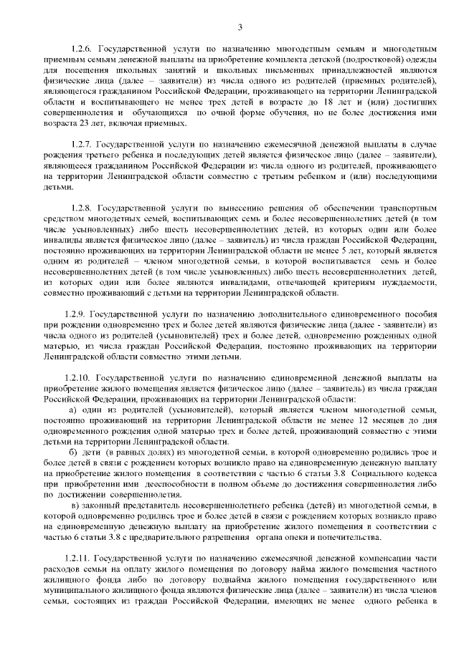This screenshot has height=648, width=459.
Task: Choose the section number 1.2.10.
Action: (78, 377)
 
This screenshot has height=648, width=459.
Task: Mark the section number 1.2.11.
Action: (78, 557)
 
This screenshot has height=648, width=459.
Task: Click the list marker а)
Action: (73, 408)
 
